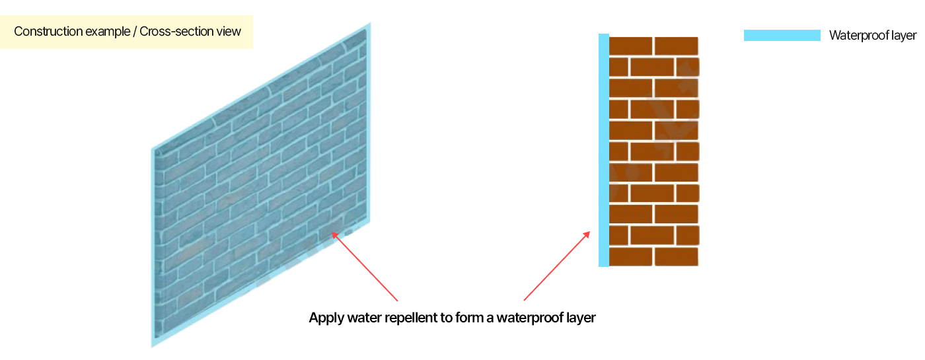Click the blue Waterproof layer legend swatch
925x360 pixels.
click(782, 36)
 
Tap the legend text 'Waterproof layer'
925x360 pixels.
click(872, 36)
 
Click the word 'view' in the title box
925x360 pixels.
click(229, 32)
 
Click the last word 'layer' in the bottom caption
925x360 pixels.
click(581, 318)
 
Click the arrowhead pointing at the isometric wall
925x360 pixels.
click(335, 233)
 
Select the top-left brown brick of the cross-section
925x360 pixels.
click(630, 46)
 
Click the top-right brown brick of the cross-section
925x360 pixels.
click(676, 46)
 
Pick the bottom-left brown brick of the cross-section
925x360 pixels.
click(630, 257)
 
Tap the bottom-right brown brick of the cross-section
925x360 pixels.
click(676, 257)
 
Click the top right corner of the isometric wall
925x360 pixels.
click(369, 25)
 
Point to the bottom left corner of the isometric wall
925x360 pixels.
click(153, 344)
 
